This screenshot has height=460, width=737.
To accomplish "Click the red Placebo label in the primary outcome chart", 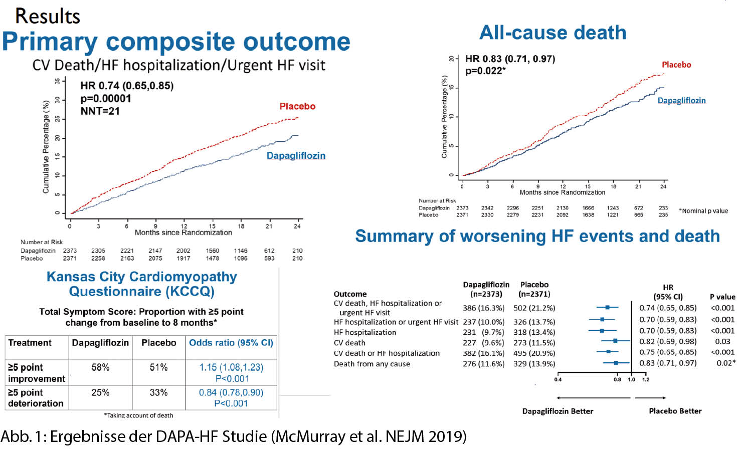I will (x=297, y=106).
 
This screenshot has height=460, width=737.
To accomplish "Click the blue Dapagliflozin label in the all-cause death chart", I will (x=681, y=101).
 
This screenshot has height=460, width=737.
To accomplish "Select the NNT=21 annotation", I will (x=100, y=111).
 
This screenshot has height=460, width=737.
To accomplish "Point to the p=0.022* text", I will (x=485, y=71).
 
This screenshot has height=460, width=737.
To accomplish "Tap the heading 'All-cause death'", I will (x=552, y=33).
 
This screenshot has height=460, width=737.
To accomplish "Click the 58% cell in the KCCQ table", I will (x=100, y=367).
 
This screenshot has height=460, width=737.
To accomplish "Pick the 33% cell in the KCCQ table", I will (x=158, y=392).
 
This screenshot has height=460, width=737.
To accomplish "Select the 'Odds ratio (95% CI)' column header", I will (x=231, y=343).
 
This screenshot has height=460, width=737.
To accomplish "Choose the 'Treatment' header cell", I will (x=30, y=343).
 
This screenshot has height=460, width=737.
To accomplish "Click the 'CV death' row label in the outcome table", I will (x=349, y=343).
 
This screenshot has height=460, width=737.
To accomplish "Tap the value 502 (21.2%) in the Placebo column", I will (x=534, y=308).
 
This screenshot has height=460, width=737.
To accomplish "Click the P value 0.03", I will (x=722, y=341).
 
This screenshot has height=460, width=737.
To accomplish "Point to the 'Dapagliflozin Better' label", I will (x=558, y=411).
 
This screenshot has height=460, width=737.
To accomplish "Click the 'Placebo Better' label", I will (x=675, y=411).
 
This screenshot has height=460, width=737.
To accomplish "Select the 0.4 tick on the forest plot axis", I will (x=558, y=379).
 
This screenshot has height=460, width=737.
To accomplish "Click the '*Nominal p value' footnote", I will (x=703, y=211).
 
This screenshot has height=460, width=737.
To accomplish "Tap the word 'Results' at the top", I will (x=48, y=16).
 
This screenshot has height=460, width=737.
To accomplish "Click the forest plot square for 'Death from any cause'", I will (x=616, y=363).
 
